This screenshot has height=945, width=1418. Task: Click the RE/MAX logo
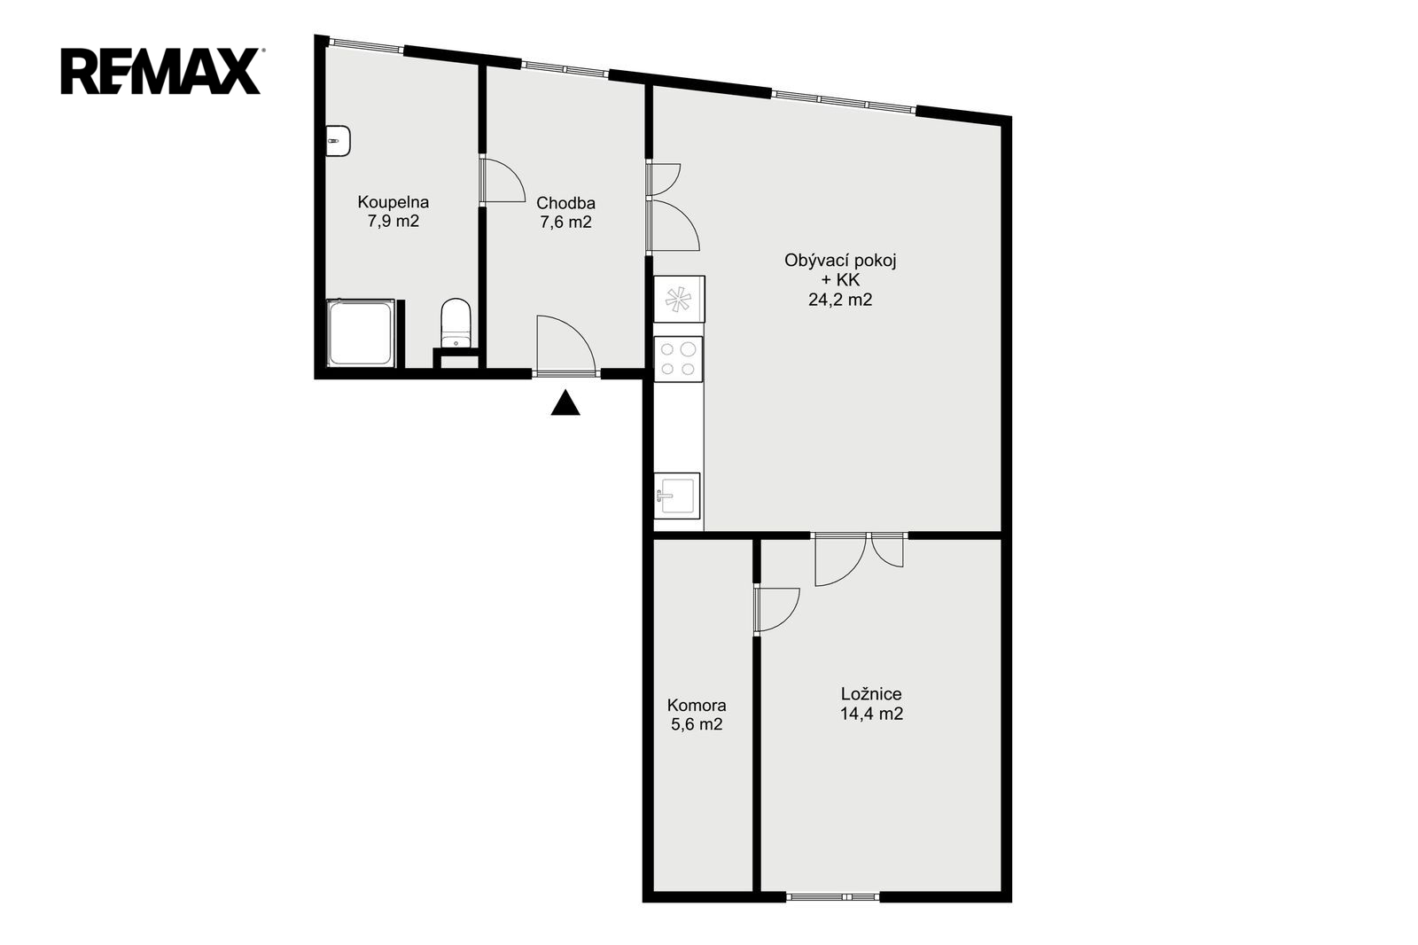pyautogui.click(x=160, y=71)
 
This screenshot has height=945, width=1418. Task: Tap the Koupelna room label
pyautogui.click(x=393, y=202)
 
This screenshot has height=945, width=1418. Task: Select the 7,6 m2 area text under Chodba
pyautogui.click(x=565, y=223)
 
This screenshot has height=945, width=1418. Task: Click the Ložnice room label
pyautogui.click(x=871, y=694)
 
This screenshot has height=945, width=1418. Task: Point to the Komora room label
pyautogui.click(x=697, y=705)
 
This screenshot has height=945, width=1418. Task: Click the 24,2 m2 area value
pyautogui.click(x=840, y=300)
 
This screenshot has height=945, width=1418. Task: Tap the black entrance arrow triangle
pyautogui.click(x=565, y=402)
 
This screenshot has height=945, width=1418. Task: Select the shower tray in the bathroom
pyautogui.click(x=361, y=333)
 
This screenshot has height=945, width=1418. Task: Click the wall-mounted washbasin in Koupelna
pyautogui.click(x=338, y=141)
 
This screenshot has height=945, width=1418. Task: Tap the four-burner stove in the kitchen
pyautogui.click(x=678, y=359)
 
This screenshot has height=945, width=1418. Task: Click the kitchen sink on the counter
pyautogui.click(x=677, y=496)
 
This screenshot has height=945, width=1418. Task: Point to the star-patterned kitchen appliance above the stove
pyautogui.click(x=679, y=299)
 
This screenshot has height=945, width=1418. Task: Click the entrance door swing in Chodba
pyautogui.click(x=565, y=346)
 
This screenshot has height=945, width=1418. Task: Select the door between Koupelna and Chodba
pyautogui.click(x=502, y=181)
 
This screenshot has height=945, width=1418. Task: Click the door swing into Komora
pyautogui.click(x=776, y=611)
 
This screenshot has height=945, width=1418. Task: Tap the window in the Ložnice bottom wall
pyautogui.click(x=832, y=897)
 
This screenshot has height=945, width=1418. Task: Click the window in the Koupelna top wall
pyautogui.click(x=367, y=45)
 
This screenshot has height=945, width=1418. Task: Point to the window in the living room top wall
pyautogui.click(x=843, y=101)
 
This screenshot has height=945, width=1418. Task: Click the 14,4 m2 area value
pyautogui.click(x=871, y=714)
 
